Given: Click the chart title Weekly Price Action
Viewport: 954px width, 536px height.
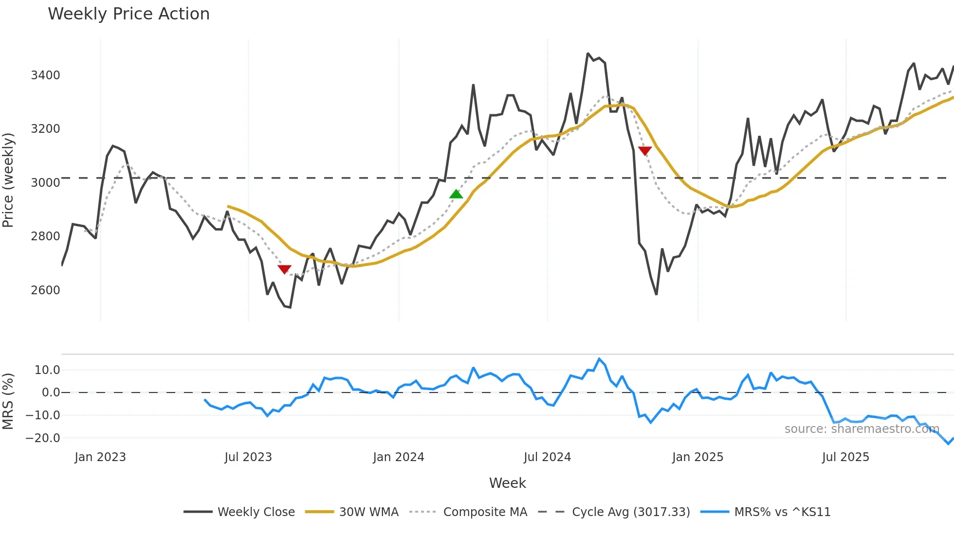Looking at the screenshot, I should (x=128, y=14).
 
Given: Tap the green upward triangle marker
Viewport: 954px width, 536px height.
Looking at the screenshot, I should (x=456, y=194).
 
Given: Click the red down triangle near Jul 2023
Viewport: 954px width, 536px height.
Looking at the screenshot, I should (x=284, y=269).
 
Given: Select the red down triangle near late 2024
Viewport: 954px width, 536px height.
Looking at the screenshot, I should (x=644, y=151).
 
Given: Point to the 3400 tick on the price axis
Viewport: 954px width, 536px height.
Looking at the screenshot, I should (x=45, y=75).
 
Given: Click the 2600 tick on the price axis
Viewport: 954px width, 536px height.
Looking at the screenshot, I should (x=45, y=290).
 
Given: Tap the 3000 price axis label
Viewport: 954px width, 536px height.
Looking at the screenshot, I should (x=45, y=183).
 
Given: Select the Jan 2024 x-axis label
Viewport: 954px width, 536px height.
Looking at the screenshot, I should (x=398, y=457).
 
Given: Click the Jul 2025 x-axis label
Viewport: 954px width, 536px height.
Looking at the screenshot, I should (x=845, y=457).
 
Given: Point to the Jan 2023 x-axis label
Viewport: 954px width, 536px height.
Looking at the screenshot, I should (x=100, y=457).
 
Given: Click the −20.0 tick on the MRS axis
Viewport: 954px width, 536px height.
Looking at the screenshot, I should (x=43, y=438).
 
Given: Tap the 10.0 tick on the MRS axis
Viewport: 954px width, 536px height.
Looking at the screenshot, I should (x=47, y=370).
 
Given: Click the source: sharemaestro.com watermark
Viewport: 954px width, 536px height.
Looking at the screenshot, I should (x=862, y=429).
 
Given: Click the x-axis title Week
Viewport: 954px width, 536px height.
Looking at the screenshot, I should (x=507, y=483).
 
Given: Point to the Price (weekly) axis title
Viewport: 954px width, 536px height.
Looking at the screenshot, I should (x=8, y=180).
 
